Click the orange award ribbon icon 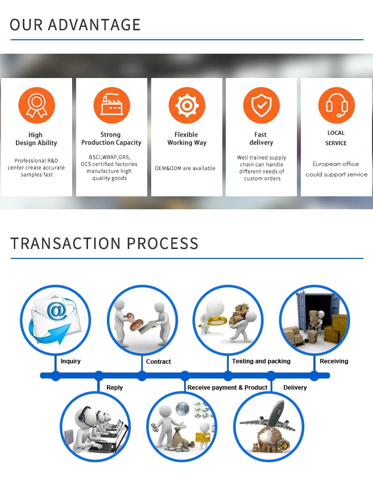point(36,105)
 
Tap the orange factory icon point(111,105)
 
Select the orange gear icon point(186,105)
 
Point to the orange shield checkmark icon point(261,105)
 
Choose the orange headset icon point(336,105)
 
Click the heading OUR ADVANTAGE point(75,24)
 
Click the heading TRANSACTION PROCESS point(104,244)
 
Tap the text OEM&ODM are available point(185,168)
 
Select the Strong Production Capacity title point(111,139)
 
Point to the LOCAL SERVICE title point(336,138)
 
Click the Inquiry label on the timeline point(71,361)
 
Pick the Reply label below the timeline point(114,388)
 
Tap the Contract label point(159,362)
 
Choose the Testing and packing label point(261,361)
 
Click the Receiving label point(334,361)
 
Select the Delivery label point(295,388)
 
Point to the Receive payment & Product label point(227,388)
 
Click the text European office point(336,164)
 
